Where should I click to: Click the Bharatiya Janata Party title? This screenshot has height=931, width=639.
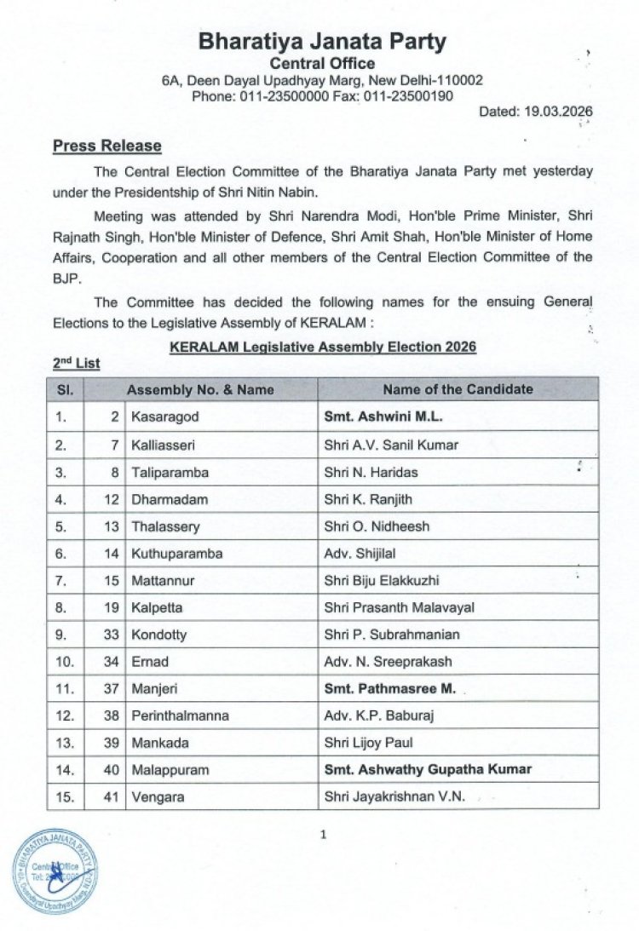coord(322,42)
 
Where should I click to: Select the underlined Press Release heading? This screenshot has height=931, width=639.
coord(106,146)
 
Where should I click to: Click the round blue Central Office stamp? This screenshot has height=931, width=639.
coord(55,871)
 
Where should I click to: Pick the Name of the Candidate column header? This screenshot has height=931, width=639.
coord(458,389)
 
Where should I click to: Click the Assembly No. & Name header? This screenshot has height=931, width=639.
coord(200,390)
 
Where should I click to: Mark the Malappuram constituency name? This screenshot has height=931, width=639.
coord(170,769)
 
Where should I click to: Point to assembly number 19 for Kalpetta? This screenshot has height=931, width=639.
coord(112,607)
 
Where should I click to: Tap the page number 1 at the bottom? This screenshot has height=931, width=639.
coord(323,835)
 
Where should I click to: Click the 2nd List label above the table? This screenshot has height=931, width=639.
coord(76,363)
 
